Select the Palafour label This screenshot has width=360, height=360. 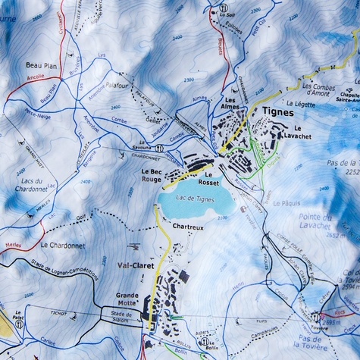119,86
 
